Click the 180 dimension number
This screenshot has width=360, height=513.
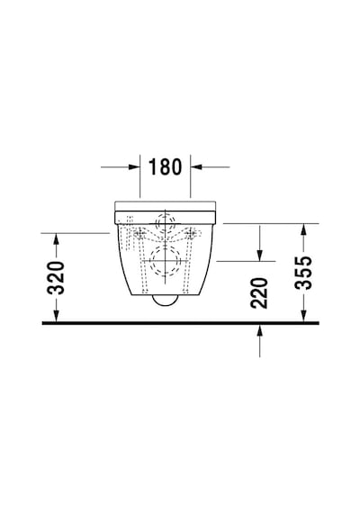click(x=165, y=166)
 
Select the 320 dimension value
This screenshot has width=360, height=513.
click(x=56, y=277)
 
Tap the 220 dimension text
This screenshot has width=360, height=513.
click(x=259, y=292)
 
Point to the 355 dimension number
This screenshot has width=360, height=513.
click(x=303, y=273)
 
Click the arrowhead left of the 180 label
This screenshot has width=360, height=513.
click(x=134, y=166)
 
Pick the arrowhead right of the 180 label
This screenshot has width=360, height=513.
click(x=195, y=166)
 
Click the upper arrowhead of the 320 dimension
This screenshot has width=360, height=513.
click(x=57, y=238)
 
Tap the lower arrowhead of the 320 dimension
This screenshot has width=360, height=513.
click(x=57, y=316)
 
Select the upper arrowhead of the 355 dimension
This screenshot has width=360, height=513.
click(x=303, y=229)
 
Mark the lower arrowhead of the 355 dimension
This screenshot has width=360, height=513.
click(x=303, y=316)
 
